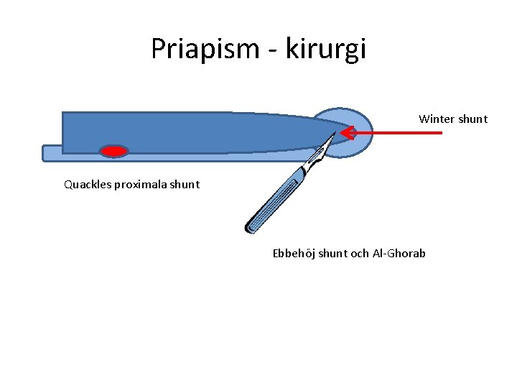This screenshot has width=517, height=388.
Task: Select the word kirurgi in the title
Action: pos(326,49)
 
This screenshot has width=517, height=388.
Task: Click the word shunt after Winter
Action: pos(472,119)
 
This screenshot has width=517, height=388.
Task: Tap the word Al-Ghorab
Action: pos(399,253)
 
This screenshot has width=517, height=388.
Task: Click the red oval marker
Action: pos(114,151)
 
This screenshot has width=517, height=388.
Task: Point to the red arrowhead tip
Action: pos(343,133)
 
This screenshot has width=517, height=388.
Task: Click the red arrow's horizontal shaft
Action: pos(402,133)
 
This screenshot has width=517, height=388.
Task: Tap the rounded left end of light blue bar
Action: pos(47,153)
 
